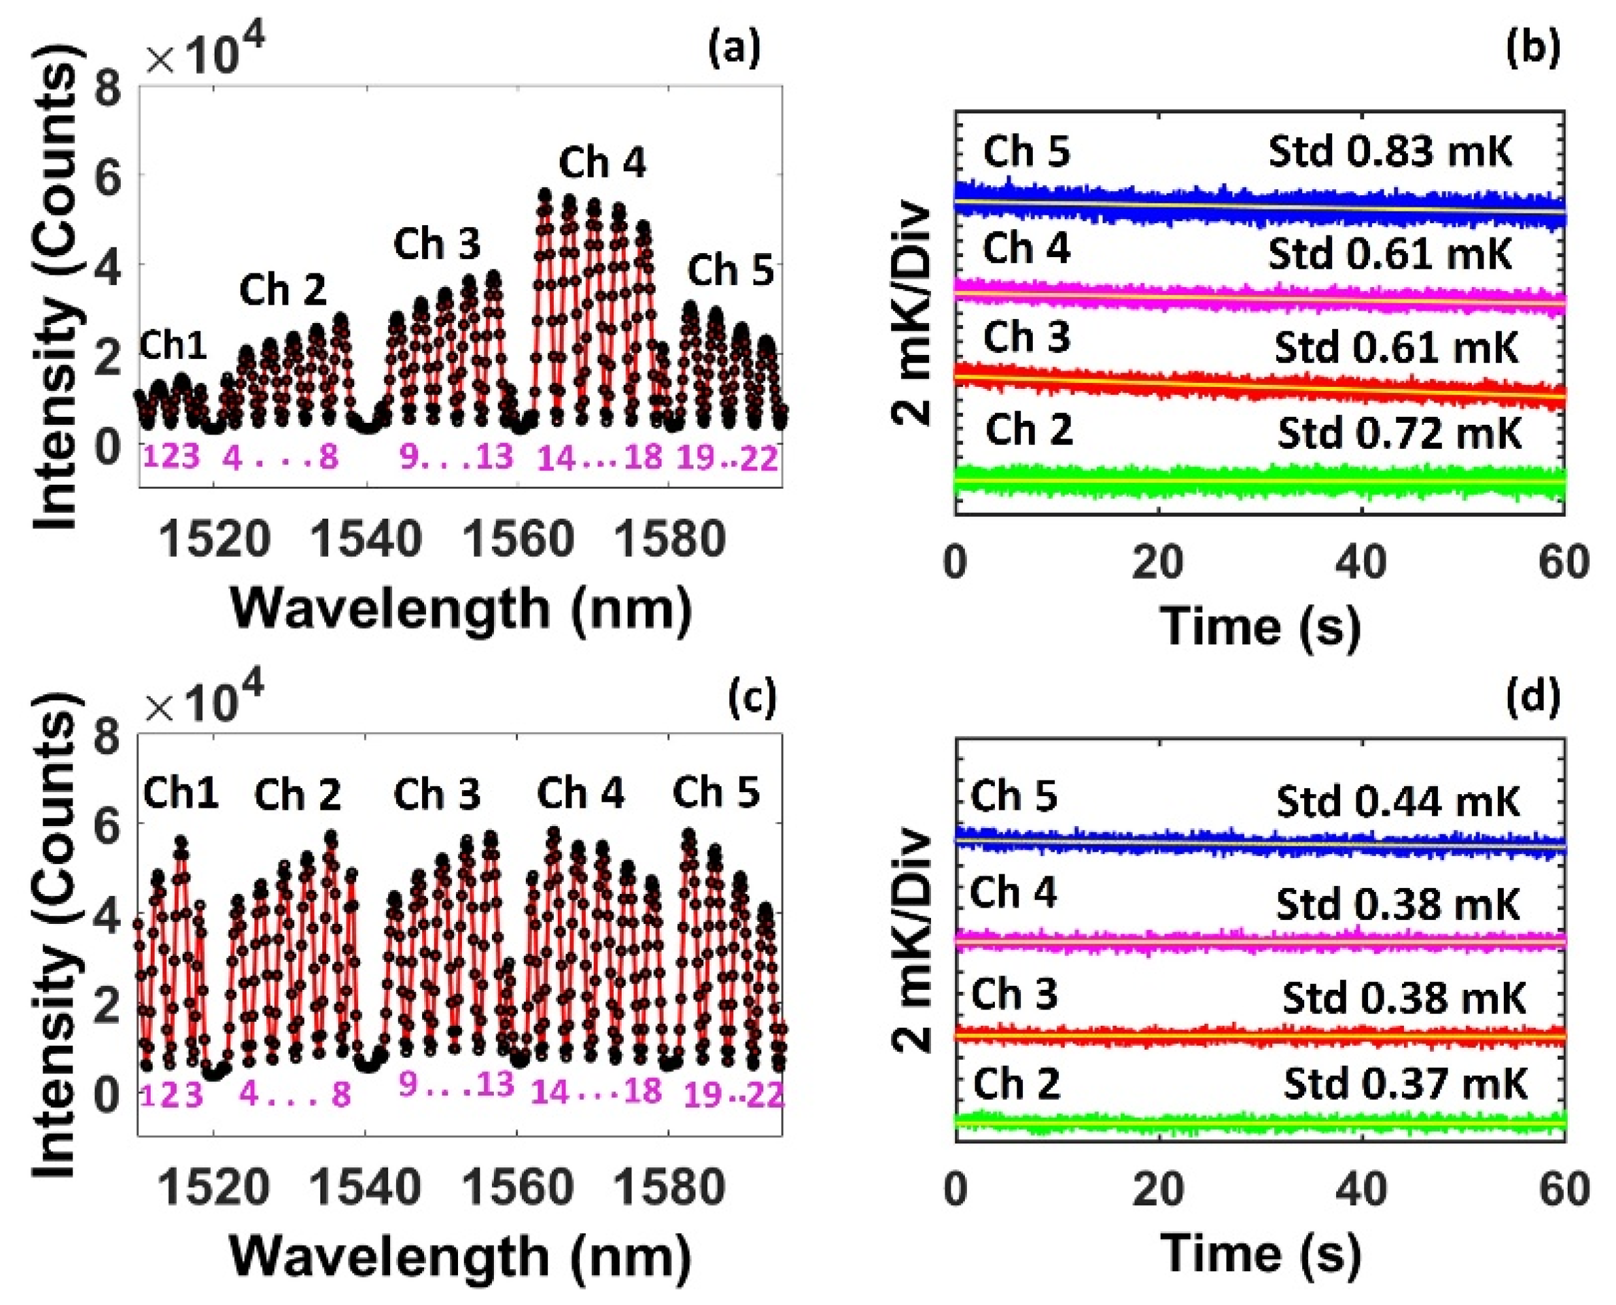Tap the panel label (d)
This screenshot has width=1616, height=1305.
click(1533, 697)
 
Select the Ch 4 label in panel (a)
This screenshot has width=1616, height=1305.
click(602, 163)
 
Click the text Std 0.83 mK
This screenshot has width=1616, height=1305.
click(1390, 152)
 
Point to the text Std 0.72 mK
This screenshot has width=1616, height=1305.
click(1399, 433)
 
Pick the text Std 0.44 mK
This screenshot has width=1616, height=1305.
click(1398, 802)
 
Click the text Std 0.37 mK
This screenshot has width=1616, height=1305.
click(1405, 1084)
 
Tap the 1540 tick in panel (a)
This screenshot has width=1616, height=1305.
click(367, 540)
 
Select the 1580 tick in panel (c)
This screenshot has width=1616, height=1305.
click(670, 1188)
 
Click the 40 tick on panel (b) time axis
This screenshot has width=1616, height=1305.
click(1362, 562)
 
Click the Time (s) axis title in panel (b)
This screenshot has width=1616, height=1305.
click(1260, 626)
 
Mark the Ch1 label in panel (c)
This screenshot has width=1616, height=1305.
click(181, 793)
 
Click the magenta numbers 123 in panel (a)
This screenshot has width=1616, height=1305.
click(172, 456)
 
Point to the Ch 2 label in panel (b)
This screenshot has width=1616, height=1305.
click(1028, 430)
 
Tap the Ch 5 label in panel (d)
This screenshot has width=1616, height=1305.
click(1014, 795)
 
